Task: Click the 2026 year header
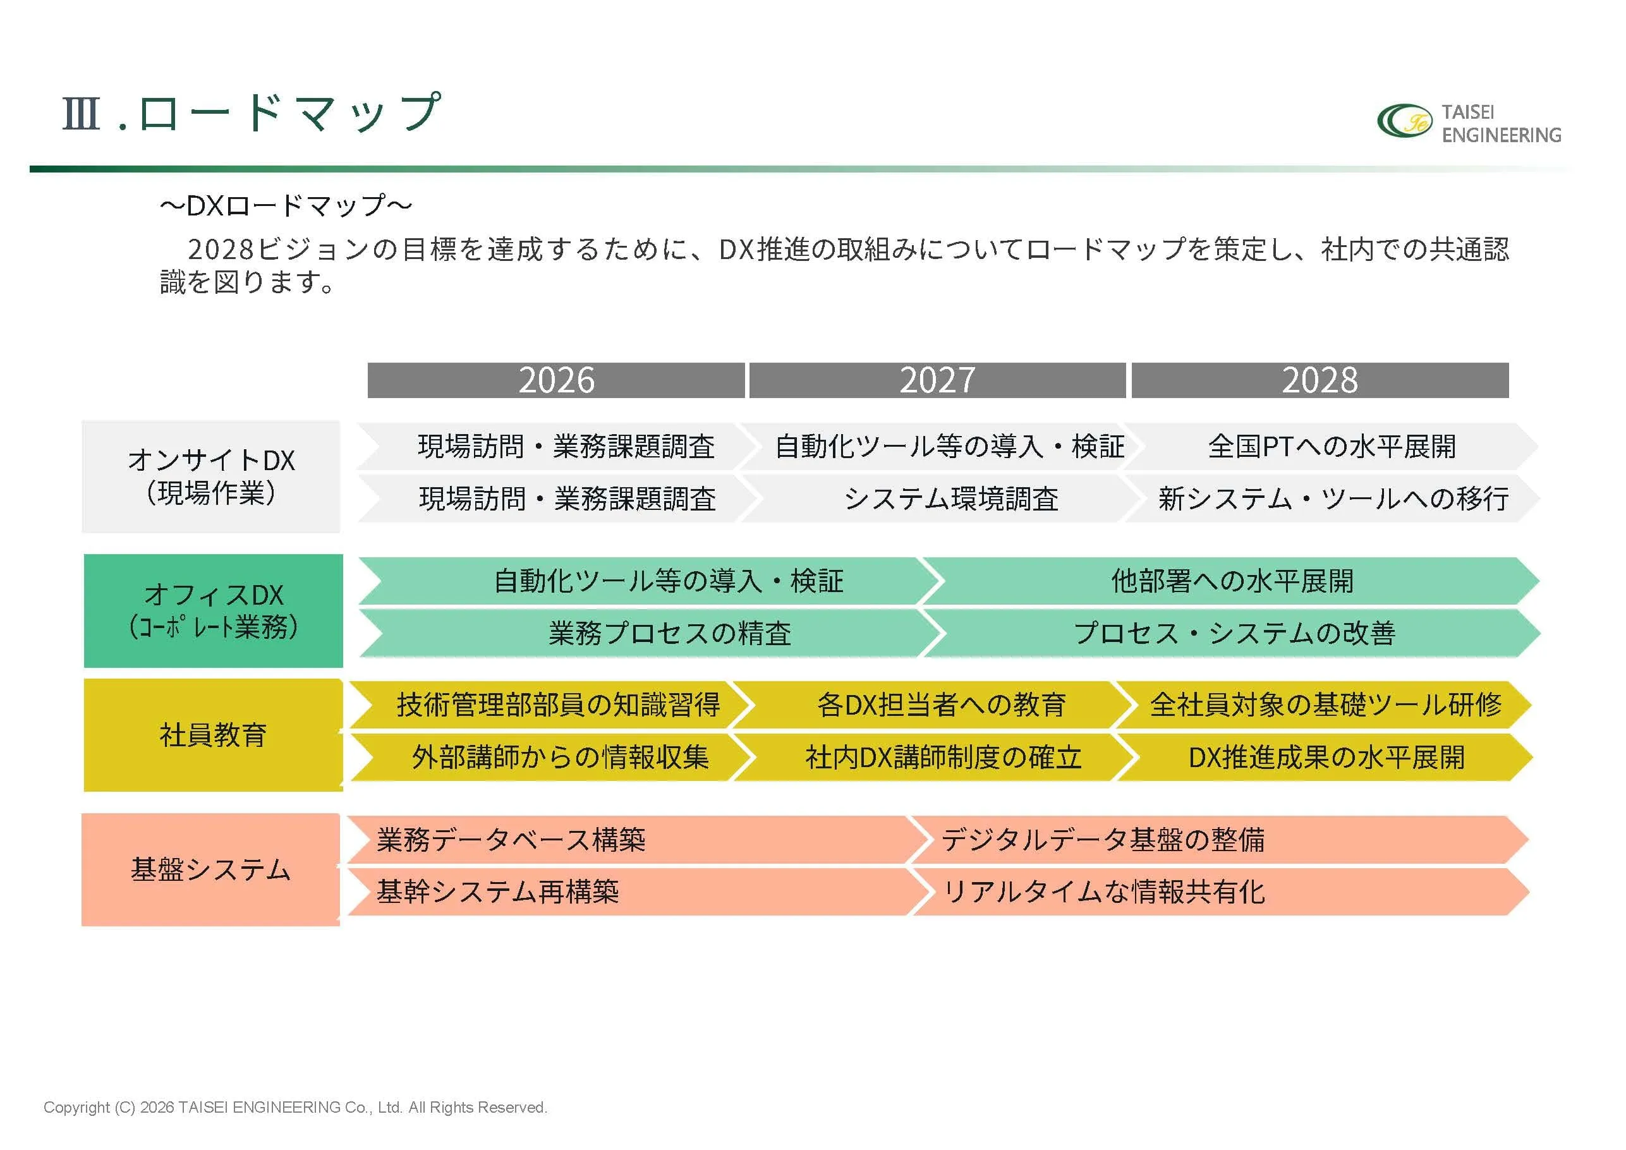click(x=556, y=380)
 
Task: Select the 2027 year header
click(x=938, y=380)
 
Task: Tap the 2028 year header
click(x=1320, y=380)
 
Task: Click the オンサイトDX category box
click(x=211, y=476)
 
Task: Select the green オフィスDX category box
click(x=213, y=610)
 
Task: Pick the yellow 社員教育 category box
click(x=213, y=735)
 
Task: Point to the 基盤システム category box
click(x=211, y=869)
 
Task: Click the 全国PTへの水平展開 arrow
click(x=1332, y=447)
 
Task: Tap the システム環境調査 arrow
click(x=950, y=499)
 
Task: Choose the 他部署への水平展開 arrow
click(x=1232, y=581)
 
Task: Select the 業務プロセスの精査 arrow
click(x=669, y=633)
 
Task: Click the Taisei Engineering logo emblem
click(x=1404, y=122)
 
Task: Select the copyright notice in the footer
click(x=295, y=1108)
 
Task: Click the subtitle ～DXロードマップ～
click(x=286, y=206)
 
